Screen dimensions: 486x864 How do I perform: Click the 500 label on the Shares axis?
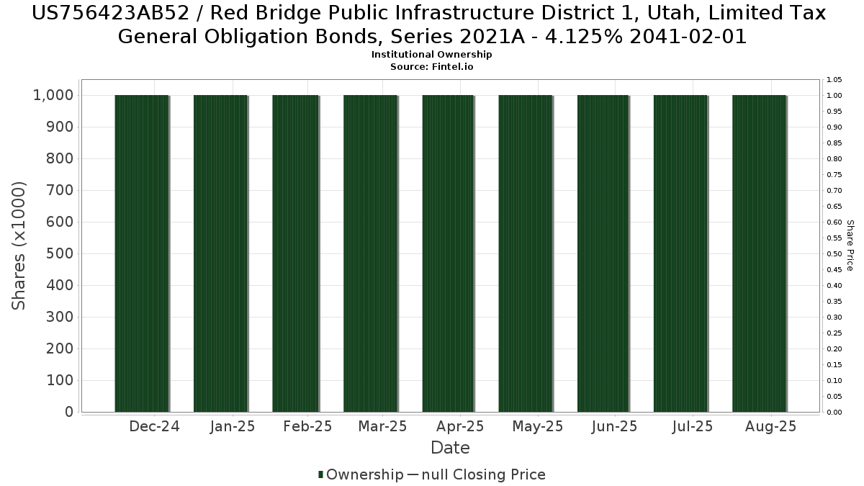tap(60, 253)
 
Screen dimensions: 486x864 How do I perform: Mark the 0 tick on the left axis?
tap(69, 412)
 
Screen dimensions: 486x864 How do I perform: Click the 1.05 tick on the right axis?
tap(834, 79)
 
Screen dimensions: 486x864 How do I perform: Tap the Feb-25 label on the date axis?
tap(307, 426)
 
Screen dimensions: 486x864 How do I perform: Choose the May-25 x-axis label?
tap(538, 426)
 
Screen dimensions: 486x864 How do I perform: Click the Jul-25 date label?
tap(692, 426)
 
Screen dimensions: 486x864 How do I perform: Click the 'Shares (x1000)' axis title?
tap(19, 246)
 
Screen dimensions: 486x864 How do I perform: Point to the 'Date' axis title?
tap(450, 448)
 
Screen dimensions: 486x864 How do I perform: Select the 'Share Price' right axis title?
tap(850, 246)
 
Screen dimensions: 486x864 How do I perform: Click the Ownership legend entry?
tap(361, 474)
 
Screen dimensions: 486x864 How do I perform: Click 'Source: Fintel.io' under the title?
tap(432, 66)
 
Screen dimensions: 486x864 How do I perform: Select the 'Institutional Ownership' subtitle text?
tap(432, 55)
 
